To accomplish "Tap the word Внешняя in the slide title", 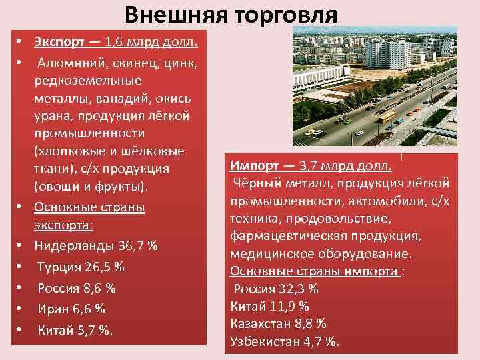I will pyautogui.click(x=170, y=14).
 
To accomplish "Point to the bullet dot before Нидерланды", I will pyautogui.click(x=21, y=247).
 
